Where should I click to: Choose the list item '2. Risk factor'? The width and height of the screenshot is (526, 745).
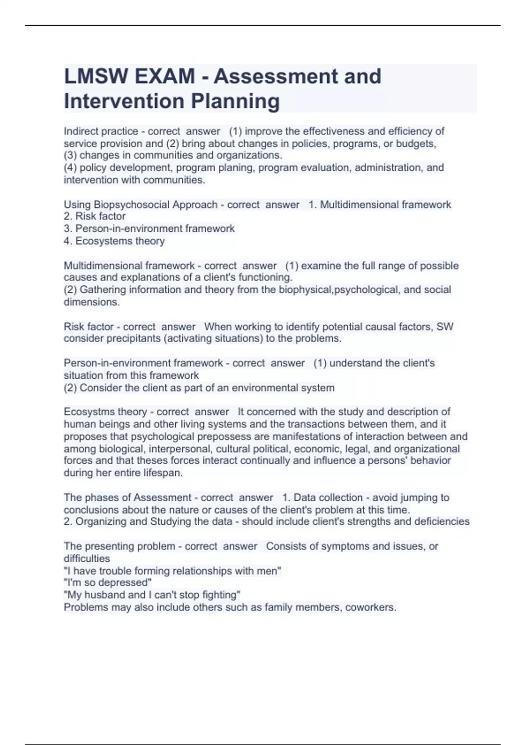(95, 216)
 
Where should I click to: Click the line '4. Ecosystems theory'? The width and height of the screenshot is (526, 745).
(114, 241)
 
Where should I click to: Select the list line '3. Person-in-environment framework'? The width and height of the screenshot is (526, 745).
(149, 228)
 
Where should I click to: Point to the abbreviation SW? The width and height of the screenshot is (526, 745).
(445, 326)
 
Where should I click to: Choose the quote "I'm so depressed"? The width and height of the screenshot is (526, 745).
(108, 582)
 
